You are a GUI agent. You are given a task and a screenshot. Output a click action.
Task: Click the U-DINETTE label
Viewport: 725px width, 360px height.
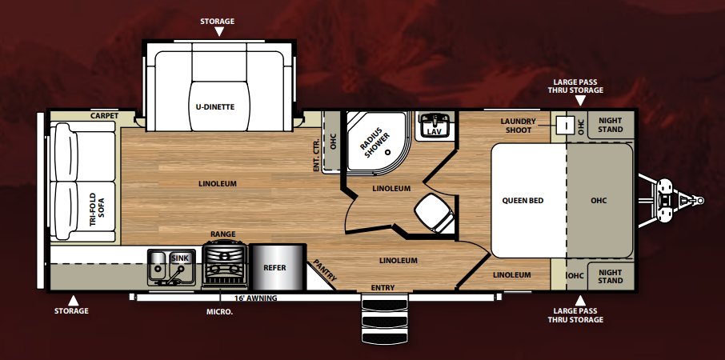(x=218, y=106)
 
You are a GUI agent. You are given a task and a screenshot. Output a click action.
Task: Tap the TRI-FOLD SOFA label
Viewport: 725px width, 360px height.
(x=97, y=210)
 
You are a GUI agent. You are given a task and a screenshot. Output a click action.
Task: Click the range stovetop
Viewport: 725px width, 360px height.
(x=226, y=265)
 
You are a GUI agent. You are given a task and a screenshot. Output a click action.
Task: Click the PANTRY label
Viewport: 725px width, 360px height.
(x=326, y=270)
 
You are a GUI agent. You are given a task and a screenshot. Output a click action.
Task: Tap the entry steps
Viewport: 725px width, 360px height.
(x=385, y=320)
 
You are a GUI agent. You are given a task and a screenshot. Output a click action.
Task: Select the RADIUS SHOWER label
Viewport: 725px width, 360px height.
(x=375, y=141)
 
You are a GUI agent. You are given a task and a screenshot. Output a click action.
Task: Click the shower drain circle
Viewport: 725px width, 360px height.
(x=388, y=151)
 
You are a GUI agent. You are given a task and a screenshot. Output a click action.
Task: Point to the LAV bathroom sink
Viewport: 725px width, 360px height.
(x=434, y=126)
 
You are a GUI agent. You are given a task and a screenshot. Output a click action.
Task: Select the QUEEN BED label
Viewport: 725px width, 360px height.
(x=523, y=201)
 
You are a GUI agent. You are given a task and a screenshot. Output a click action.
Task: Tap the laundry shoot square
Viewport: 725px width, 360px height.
(x=563, y=124)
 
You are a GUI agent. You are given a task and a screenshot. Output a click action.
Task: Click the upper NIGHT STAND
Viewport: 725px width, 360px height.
(x=611, y=125)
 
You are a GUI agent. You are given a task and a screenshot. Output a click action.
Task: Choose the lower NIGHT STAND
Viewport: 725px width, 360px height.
(x=611, y=276)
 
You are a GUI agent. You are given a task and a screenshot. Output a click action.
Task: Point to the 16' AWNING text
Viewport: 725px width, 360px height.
(x=256, y=298)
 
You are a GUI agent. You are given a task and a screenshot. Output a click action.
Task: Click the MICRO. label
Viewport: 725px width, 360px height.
(x=219, y=312)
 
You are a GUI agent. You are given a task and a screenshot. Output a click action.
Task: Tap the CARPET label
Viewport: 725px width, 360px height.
(x=105, y=115)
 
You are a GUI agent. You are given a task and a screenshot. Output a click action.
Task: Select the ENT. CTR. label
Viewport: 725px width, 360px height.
(x=317, y=156)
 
